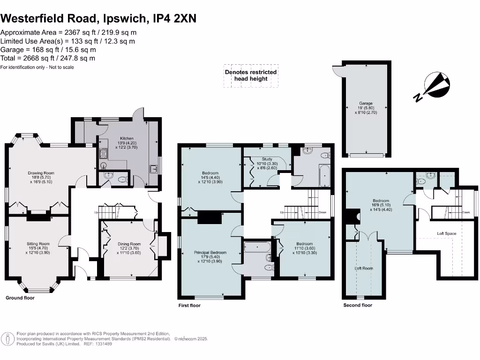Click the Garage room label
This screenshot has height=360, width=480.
[366, 103]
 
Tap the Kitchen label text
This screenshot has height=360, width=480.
[127, 139]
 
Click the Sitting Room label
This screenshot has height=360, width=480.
[38, 244]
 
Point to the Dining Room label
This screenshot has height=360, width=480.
[129, 244]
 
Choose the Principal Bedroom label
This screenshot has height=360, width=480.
[210, 253]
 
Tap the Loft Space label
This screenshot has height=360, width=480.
[446, 233]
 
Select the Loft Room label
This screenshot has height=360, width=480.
[363, 269]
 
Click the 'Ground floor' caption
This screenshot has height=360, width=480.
[20, 298]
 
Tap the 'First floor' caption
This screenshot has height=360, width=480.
[189, 306]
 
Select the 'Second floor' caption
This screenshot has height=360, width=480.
[358, 305]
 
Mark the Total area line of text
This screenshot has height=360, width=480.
[48, 58]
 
